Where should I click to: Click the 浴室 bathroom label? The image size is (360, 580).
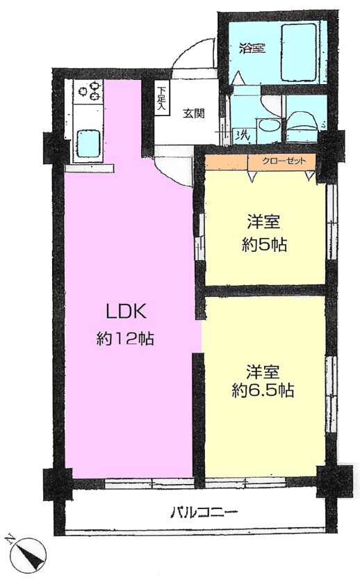click(252, 48)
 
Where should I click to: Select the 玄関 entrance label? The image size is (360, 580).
click(194, 113)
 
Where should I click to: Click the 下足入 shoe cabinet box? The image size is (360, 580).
click(161, 97)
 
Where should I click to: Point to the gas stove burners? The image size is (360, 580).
click(90, 91)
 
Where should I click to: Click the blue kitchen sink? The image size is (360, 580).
click(89, 143)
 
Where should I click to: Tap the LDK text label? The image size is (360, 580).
click(126, 311)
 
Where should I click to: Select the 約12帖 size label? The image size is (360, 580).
click(125, 338)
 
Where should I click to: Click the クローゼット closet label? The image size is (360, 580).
click(284, 161)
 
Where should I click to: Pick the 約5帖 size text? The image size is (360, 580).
click(264, 245)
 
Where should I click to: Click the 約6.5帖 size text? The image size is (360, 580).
click(263, 391)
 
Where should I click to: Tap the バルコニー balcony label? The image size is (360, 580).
click(204, 513)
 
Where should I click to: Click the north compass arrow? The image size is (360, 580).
click(28, 555)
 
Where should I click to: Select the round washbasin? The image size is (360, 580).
click(265, 127)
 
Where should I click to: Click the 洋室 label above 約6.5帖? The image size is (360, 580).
click(263, 372)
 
